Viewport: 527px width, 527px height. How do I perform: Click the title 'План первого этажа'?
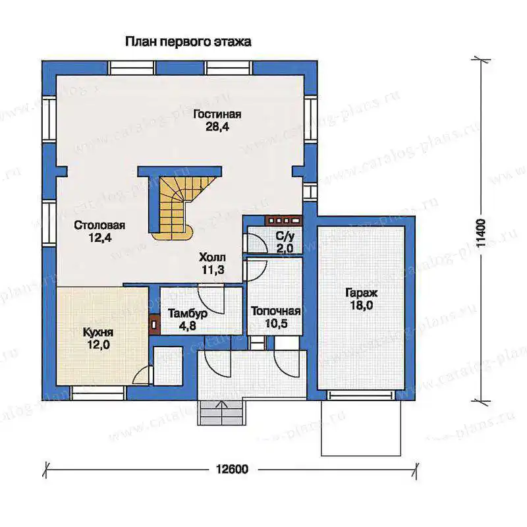[188, 42]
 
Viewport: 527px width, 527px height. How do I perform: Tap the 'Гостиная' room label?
[217, 114]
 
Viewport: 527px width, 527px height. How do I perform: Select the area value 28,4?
[217, 127]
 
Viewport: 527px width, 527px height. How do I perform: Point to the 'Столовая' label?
[99, 225]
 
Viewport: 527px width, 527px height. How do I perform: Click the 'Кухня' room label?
[98, 333]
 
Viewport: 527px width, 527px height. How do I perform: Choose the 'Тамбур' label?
[188, 314]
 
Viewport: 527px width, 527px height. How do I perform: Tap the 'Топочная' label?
[275, 311]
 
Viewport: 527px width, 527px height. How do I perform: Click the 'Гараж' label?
[361, 293]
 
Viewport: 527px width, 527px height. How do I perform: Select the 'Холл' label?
[212, 258]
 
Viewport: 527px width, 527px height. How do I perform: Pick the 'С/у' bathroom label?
[285, 236]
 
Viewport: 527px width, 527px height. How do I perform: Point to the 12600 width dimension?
[232, 469]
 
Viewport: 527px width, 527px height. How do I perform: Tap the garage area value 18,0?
[361, 306]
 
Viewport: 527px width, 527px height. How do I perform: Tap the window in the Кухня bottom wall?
[98, 393]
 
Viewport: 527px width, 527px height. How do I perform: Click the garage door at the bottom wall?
[361, 395]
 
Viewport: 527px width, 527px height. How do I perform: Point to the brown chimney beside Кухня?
[154, 325]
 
